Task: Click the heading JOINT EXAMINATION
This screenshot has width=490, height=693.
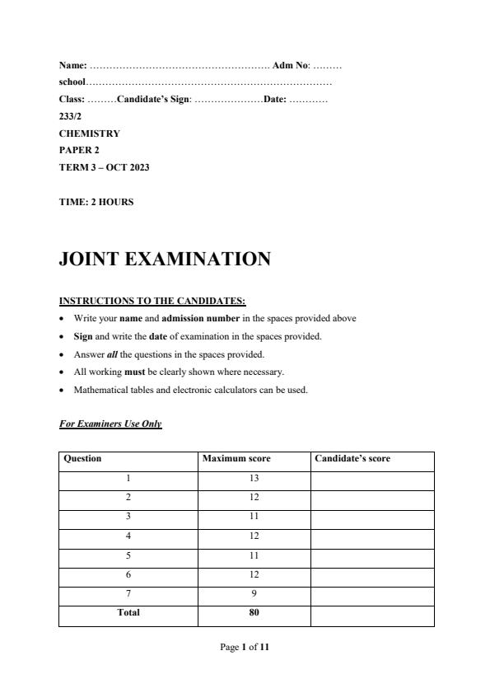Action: pyautogui.click(x=165, y=260)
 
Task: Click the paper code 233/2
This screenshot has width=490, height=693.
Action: pyautogui.click(x=70, y=116)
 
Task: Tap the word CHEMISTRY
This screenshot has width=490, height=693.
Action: pyautogui.click(x=89, y=133)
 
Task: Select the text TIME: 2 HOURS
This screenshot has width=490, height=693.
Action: pyautogui.click(x=96, y=202)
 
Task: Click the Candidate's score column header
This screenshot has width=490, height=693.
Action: pyautogui.click(x=353, y=459)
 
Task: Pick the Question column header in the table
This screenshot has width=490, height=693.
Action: pyautogui.click(x=82, y=459)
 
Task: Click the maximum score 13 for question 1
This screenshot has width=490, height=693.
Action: pyautogui.click(x=254, y=478)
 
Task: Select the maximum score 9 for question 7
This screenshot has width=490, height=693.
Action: pyautogui.click(x=254, y=593)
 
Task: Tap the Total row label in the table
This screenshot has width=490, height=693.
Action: pyautogui.click(x=128, y=612)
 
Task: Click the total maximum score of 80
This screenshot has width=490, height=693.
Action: pyautogui.click(x=254, y=612)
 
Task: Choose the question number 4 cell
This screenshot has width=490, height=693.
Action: pyautogui.click(x=128, y=536)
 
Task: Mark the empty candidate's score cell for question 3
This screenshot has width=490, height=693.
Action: pyautogui.click(x=371, y=517)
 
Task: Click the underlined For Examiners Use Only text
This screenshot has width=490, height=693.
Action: pyautogui.click(x=110, y=424)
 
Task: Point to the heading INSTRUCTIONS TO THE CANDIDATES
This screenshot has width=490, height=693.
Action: pyautogui.click(x=152, y=301)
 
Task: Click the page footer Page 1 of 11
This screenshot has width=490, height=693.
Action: pyautogui.click(x=245, y=648)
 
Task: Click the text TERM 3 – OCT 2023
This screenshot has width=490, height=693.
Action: pyautogui.click(x=104, y=167)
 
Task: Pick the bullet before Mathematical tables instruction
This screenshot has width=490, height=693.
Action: pyautogui.click(x=63, y=391)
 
